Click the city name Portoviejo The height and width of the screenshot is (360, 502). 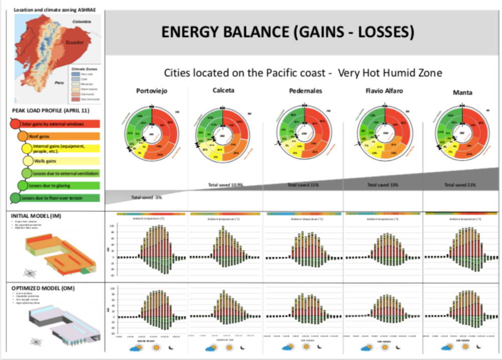tap(151, 91)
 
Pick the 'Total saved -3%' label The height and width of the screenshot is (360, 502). tap(147, 197)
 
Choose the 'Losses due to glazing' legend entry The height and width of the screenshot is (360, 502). tap(60, 186)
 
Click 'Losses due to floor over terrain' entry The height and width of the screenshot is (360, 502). tap(60, 198)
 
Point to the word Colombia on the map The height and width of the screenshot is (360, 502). tap(81, 22)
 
